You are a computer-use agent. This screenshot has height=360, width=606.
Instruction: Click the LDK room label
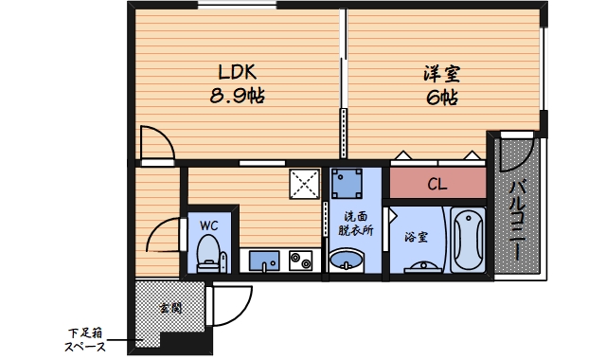(x=238, y=72)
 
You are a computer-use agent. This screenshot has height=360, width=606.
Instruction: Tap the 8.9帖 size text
(x=238, y=96)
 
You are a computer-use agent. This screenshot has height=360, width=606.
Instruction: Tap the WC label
(x=209, y=225)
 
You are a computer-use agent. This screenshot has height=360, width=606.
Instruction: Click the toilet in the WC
(x=208, y=254)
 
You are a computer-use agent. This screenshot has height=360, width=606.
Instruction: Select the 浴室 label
(x=417, y=237)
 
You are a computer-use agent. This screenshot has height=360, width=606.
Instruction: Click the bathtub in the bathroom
(x=468, y=241)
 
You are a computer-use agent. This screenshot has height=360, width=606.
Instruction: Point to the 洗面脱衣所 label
(x=357, y=224)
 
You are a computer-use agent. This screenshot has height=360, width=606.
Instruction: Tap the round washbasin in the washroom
(x=347, y=260)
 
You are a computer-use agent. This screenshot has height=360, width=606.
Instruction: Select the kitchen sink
(x=262, y=260)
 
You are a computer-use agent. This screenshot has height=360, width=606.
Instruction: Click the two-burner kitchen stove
(x=302, y=260)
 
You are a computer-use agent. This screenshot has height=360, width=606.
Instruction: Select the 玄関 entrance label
(x=170, y=308)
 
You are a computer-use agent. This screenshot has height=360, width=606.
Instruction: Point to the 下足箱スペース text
(x=86, y=339)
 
